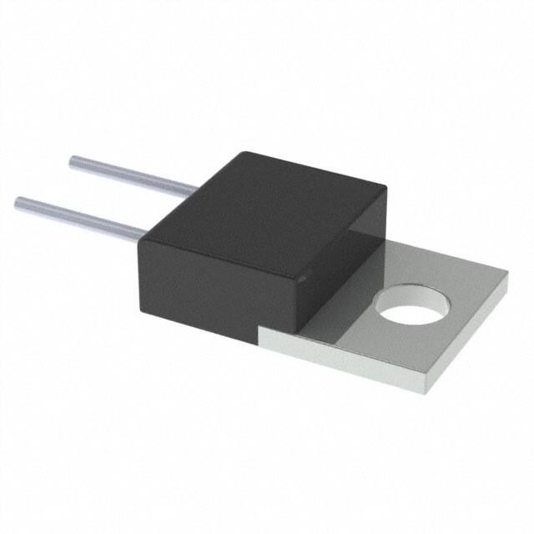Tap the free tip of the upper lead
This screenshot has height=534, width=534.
(x=73, y=159)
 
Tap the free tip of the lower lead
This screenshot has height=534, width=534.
(x=19, y=200)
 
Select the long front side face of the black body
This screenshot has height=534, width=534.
(x=200, y=288)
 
